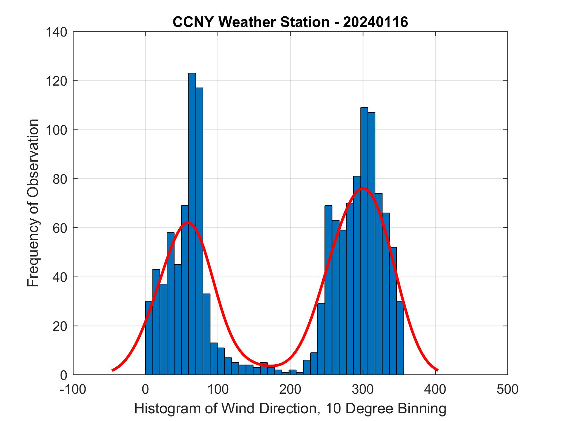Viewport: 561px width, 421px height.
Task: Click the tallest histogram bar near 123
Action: tap(192, 224)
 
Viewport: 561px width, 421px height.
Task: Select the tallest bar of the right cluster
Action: tap(364, 240)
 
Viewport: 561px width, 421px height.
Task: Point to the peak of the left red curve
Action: tap(188, 223)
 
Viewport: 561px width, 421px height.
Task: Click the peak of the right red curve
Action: tap(363, 188)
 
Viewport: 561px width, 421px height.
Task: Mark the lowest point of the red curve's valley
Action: tap(271, 366)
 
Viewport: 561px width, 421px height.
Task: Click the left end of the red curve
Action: tap(113, 370)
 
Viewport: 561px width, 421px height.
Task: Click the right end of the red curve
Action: tap(437, 370)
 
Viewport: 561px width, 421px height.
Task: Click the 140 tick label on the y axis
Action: tap(56, 32)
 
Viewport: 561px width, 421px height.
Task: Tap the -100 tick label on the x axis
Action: tap(73, 389)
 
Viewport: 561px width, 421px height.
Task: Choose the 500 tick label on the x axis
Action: tap(507, 389)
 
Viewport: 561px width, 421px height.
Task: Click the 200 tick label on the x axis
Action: tap(290, 389)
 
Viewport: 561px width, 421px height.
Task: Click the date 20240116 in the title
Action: tap(375, 22)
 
